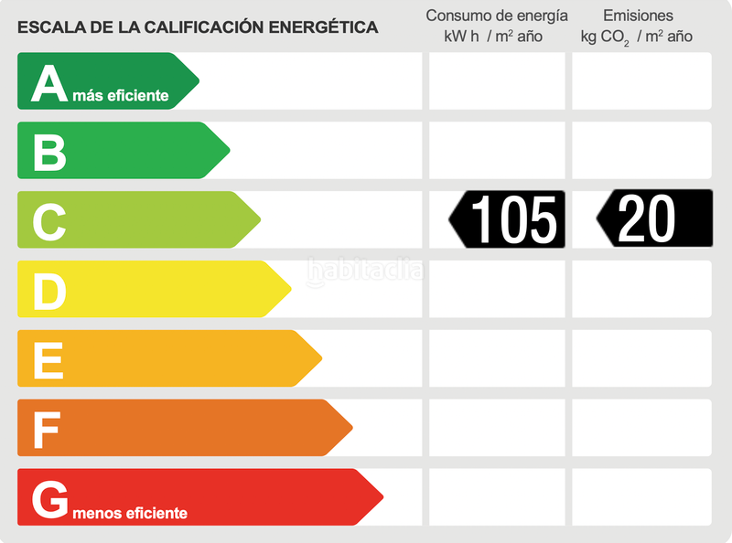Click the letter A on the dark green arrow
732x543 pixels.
[49, 83]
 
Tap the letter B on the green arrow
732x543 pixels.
[49, 153]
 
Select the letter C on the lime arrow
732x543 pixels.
[49, 221]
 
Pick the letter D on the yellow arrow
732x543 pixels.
[49, 292]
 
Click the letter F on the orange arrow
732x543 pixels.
[47, 430]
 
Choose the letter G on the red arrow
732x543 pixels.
[50, 499]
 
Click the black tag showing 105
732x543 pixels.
[509, 219]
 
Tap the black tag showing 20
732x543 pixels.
[654, 218]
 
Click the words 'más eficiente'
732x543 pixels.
[121, 95]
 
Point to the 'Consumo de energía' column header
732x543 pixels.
[497, 16]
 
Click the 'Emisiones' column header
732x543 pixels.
[638, 16]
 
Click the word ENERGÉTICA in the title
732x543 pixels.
[323, 27]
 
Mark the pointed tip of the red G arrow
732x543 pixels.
[382, 497]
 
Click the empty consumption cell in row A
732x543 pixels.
[497, 81]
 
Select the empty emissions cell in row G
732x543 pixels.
[641, 497]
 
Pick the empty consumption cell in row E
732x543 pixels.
[497, 358]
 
